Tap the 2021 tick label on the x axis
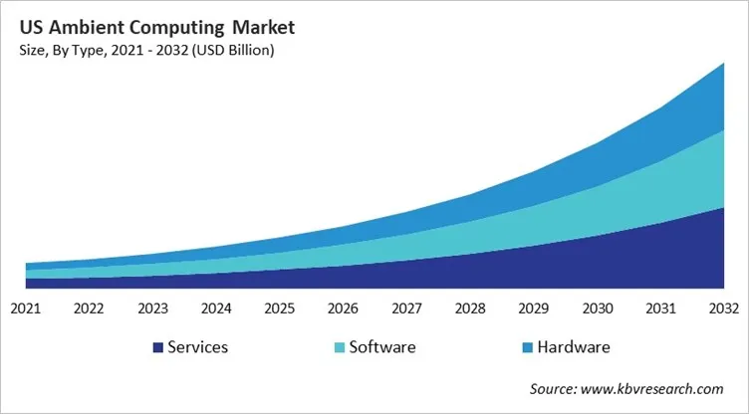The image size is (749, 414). click(x=25, y=308)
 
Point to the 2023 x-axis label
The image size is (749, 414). click(x=152, y=308)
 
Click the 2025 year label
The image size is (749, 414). click(x=279, y=308)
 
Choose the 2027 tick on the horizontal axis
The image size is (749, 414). click(x=406, y=308)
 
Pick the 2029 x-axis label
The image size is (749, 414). click(x=533, y=308)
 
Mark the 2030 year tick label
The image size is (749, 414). click(x=597, y=308)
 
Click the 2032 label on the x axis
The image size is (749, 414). click(x=723, y=308)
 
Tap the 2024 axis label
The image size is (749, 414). click(x=216, y=308)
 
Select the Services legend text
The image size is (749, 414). click(x=198, y=347)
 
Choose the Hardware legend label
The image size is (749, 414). click(x=573, y=347)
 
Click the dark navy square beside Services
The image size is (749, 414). click(x=157, y=347)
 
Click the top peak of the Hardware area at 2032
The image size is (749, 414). click(x=723, y=65)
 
